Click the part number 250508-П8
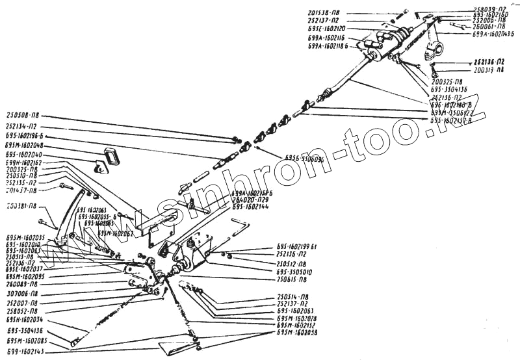click(25, 114)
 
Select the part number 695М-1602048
click(24, 146)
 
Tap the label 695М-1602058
click(296, 332)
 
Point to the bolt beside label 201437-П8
click(62, 186)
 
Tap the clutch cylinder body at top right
click(390, 39)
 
